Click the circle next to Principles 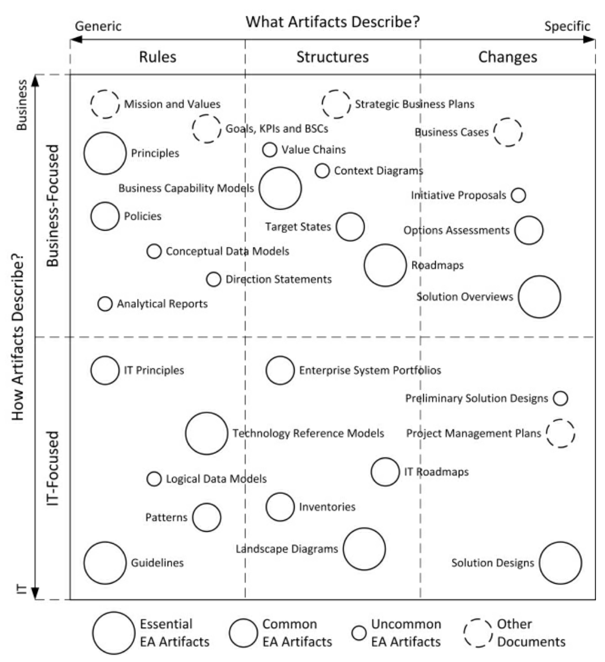[105, 153]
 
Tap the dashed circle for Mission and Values [105, 104]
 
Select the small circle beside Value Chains [270, 149]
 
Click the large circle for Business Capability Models [280, 188]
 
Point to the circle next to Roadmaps [385, 265]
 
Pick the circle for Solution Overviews [539, 297]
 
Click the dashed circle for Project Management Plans [560, 433]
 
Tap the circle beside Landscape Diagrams [364, 549]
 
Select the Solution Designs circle [560, 563]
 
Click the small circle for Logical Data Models [154, 479]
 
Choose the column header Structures [332, 57]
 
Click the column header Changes [507, 57]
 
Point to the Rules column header [157, 57]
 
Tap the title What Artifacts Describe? [333, 23]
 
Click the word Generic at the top [98, 27]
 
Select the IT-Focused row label [52, 468]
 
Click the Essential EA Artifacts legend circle [114, 633]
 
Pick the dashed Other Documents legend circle [478, 633]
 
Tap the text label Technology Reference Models [308, 433]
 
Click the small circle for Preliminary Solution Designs [560, 398]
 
